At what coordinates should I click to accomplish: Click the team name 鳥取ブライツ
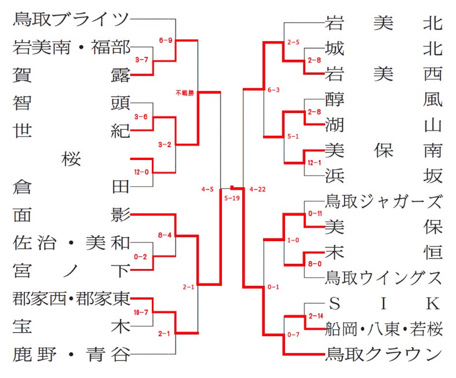coord(71,19)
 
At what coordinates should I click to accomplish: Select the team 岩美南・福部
coord(71,47)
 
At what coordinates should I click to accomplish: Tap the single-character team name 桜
coord(71,159)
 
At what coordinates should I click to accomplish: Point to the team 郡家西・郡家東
coord(71,299)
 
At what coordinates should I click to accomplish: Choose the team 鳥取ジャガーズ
coord(384,201)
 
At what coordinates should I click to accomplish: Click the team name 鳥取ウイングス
coord(384,278)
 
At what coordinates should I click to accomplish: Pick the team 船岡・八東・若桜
coord(384,329)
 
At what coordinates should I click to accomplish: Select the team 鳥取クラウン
coord(384,354)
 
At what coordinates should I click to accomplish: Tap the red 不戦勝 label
coord(185,93)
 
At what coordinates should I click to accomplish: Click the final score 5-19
coord(232,198)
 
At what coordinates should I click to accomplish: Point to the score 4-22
coord(257,190)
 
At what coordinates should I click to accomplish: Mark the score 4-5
coord(207,190)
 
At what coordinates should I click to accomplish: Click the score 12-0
coord(141,172)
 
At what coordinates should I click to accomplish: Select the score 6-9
coord(166,40)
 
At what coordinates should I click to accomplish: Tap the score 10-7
coord(141,312)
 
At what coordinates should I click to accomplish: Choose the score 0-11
coord(315,213)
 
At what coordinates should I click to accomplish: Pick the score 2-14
coord(316,316)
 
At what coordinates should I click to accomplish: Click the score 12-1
coord(315,163)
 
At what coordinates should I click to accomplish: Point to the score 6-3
coord(273,90)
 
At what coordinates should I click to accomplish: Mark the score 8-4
coord(165,235)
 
